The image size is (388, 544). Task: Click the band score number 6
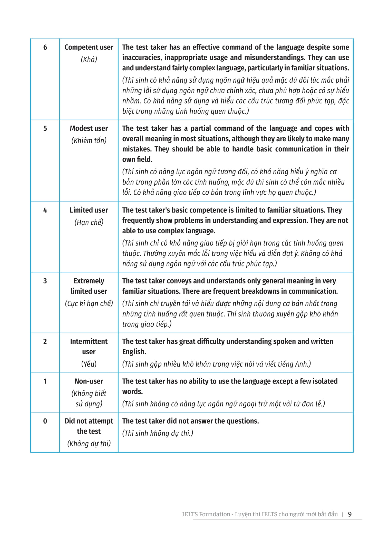(45, 47)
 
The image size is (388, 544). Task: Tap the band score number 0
(45, 421)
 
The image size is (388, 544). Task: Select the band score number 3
(45, 281)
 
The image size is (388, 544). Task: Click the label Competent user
(89, 47)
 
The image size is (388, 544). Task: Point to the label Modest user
(89, 128)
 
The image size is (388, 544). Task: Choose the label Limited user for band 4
(89, 210)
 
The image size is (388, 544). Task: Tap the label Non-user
(89, 381)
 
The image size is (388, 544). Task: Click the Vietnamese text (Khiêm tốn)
(89, 140)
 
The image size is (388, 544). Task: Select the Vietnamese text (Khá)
(89, 60)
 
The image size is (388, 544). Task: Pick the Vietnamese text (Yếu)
(89, 364)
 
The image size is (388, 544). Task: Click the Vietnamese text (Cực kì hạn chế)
(89, 303)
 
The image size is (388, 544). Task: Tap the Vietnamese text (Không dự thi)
(89, 444)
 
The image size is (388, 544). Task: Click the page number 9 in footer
(350, 514)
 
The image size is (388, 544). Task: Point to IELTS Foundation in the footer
(206, 514)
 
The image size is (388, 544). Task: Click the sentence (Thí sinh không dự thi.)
(158, 433)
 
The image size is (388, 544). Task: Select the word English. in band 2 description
(134, 352)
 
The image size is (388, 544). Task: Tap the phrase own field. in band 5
(137, 159)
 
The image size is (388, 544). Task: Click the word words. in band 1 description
(132, 392)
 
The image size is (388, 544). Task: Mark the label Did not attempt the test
(89, 426)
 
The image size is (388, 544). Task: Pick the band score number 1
(45, 381)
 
